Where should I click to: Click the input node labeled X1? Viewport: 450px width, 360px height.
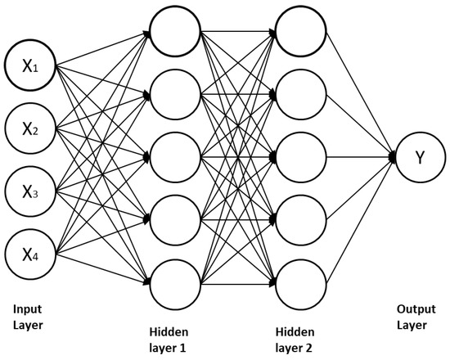click(29, 67)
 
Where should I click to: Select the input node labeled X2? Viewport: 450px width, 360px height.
click(29, 128)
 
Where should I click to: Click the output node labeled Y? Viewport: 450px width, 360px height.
click(420, 158)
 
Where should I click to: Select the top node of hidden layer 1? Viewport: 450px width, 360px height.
click(174, 32)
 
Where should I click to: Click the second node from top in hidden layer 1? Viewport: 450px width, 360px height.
click(174, 94)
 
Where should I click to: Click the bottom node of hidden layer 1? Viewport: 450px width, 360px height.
click(174, 282)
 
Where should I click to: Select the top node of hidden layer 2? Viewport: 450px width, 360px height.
click(299, 32)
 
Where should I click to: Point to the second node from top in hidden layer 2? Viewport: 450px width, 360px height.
click(299, 94)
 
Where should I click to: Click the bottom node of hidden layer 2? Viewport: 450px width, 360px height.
click(299, 282)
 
